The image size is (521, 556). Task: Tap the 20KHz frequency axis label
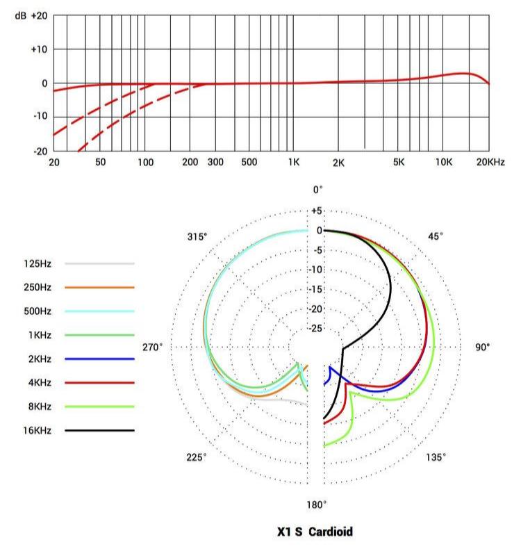click(x=490, y=162)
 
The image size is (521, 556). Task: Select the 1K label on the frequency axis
click(x=293, y=162)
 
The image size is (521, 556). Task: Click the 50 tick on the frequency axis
click(x=100, y=162)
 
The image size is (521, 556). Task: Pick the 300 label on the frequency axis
click(x=215, y=162)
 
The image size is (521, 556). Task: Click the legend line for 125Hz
click(x=99, y=264)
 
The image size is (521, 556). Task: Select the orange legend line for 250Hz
click(x=99, y=287)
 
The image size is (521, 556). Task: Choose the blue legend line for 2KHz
click(x=99, y=359)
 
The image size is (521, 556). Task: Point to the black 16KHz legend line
click(x=99, y=430)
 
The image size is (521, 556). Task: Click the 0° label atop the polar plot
click(x=317, y=190)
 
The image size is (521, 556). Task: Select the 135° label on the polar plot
click(x=436, y=457)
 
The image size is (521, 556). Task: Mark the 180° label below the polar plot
click(x=317, y=504)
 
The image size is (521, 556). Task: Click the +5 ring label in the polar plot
click(x=317, y=211)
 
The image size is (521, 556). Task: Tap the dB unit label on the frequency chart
click(x=20, y=15)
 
